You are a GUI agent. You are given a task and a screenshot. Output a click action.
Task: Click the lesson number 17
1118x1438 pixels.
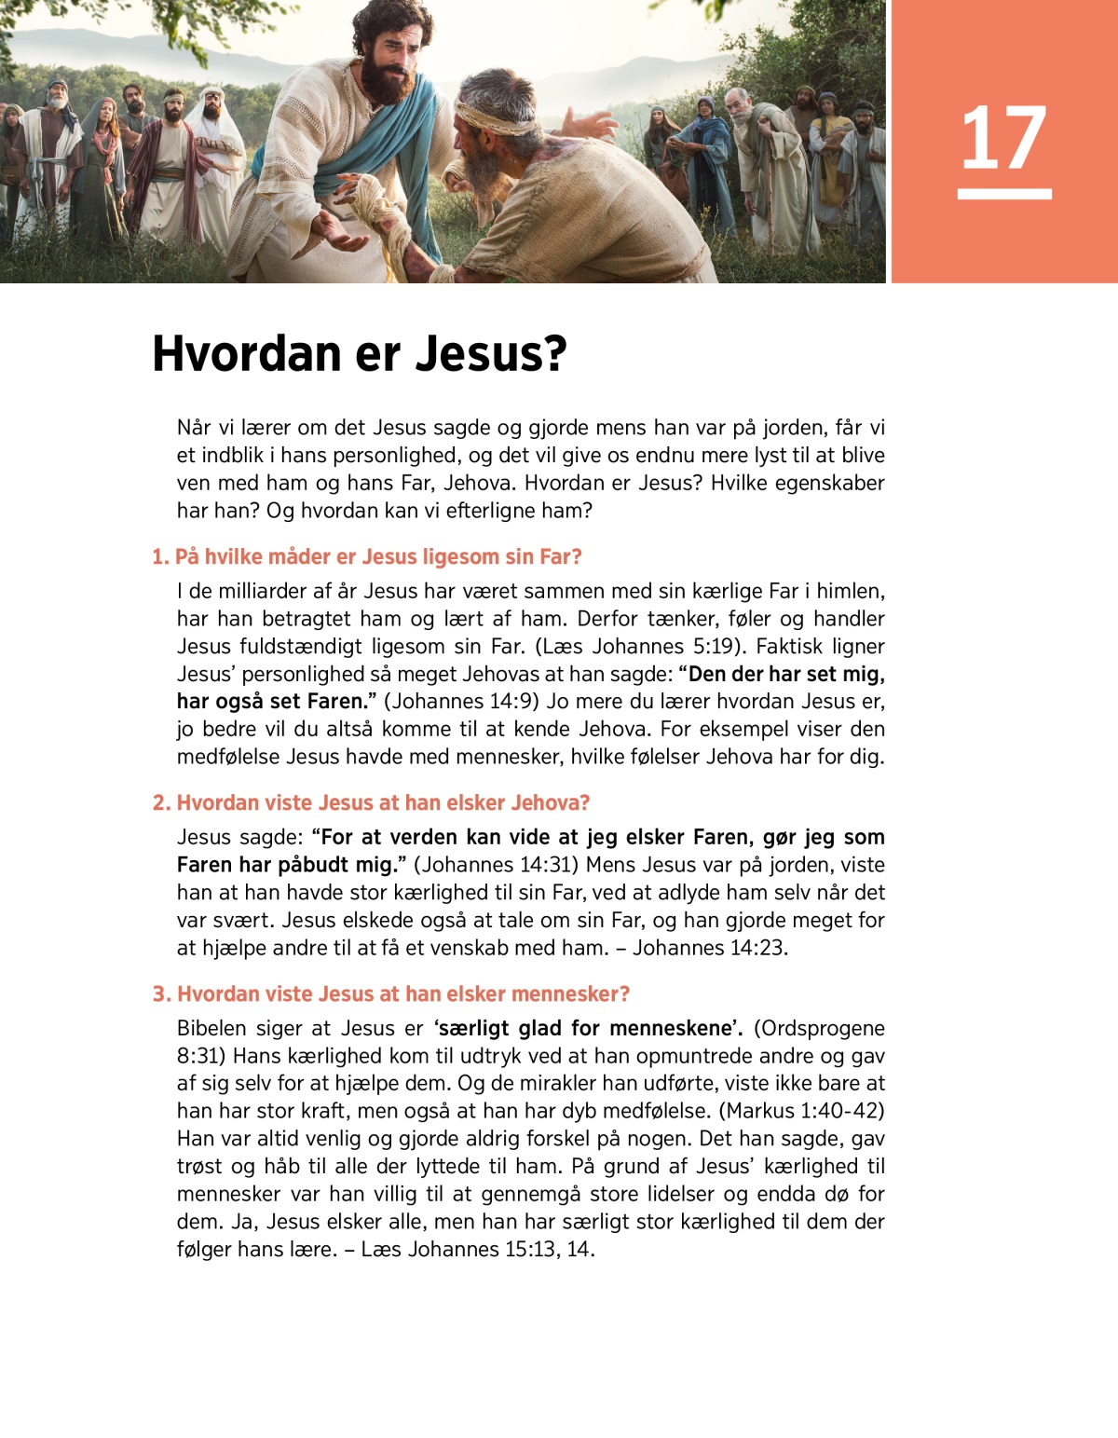[x=1003, y=138]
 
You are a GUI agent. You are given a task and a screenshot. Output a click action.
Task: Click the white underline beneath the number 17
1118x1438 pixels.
[x=1003, y=194]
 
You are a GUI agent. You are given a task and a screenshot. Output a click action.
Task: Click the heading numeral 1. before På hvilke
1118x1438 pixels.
[x=160, y=557]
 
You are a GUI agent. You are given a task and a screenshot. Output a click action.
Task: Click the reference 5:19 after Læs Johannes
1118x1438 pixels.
[x=717, y=647]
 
